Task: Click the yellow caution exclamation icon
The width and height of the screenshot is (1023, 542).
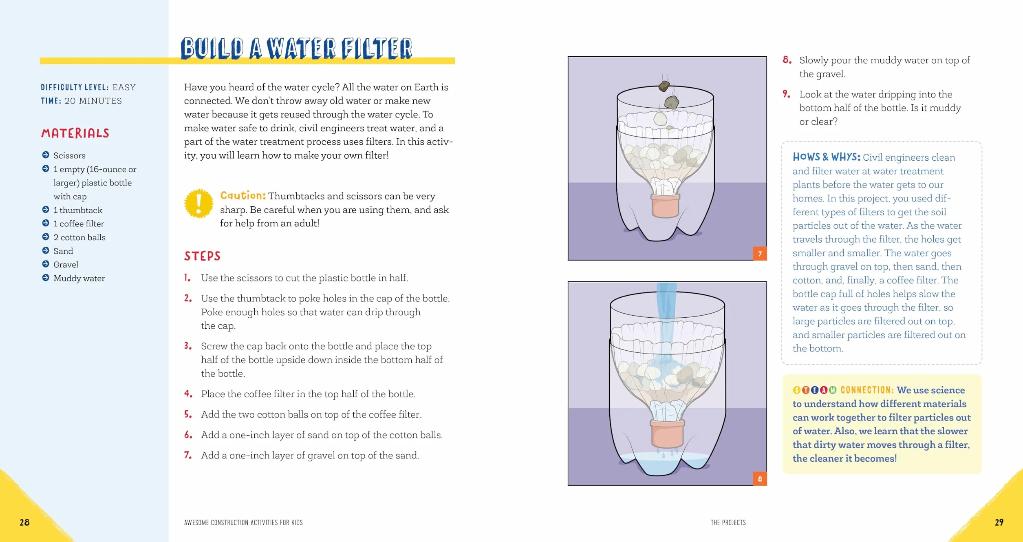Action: [x=198, y=203]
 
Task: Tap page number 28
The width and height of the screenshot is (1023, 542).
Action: [x=24, y=522]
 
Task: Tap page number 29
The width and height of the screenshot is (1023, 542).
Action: [x=999, y=522]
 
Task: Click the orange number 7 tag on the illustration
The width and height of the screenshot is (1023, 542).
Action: [x=760, y=254]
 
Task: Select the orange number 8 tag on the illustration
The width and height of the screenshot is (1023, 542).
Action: [x=760, y=479]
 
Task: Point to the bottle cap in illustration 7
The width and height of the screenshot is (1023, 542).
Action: [x=665, y=206]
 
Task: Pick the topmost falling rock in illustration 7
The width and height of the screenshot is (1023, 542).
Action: [x=664, y=86]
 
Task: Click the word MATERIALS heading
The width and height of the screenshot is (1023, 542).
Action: [x=75, y=133]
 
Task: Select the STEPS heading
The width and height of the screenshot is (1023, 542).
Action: [x=202, y=256]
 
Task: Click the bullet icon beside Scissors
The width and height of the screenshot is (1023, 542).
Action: [x=46, y=155]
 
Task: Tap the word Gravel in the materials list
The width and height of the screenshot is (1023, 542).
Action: [x=66, y=265]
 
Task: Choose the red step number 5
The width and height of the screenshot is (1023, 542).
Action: [x=188, y=414]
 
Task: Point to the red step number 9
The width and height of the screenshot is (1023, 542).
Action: [x=787, y=94]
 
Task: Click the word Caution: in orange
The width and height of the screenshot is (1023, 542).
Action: [x=243, y=196]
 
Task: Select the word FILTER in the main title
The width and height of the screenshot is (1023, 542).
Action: [x=377, y=48]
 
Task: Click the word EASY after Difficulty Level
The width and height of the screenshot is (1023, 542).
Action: [x=124, y=87]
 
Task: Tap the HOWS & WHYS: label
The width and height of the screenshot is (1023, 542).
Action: [x=826, y=157]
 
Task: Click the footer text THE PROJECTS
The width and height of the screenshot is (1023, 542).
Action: [x=728, y=522]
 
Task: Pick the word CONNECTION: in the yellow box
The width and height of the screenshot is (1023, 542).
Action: [x=867, y=390]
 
